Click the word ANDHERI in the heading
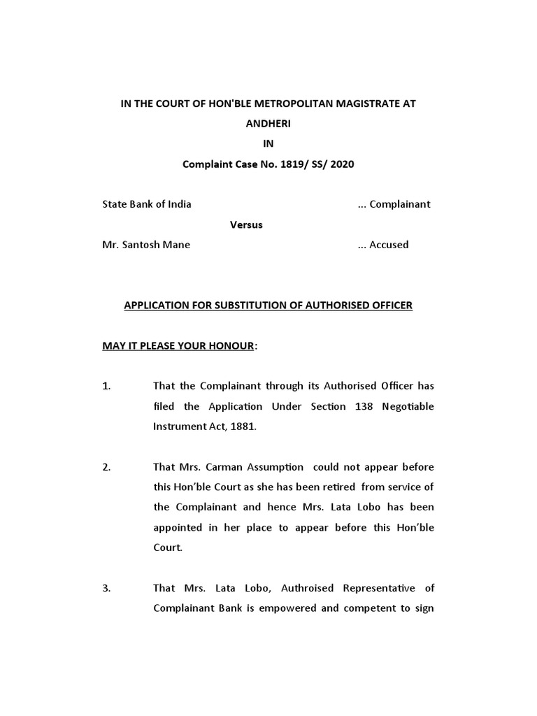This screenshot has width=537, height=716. pos(268,124)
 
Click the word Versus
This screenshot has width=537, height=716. pos(247,224)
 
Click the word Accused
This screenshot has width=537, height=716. pos(389,245)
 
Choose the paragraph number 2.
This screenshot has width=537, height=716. pos(106,467)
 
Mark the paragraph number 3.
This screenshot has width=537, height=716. pos(106,588)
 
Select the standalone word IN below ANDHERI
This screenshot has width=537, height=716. pos(268,144)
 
